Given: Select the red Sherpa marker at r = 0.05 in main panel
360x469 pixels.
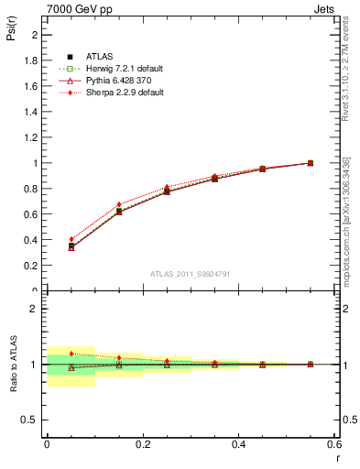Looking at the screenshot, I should pos(71,239).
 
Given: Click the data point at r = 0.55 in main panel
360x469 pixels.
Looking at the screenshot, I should pos(310,163).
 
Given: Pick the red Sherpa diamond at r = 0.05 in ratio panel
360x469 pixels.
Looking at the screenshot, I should pos(71,354).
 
